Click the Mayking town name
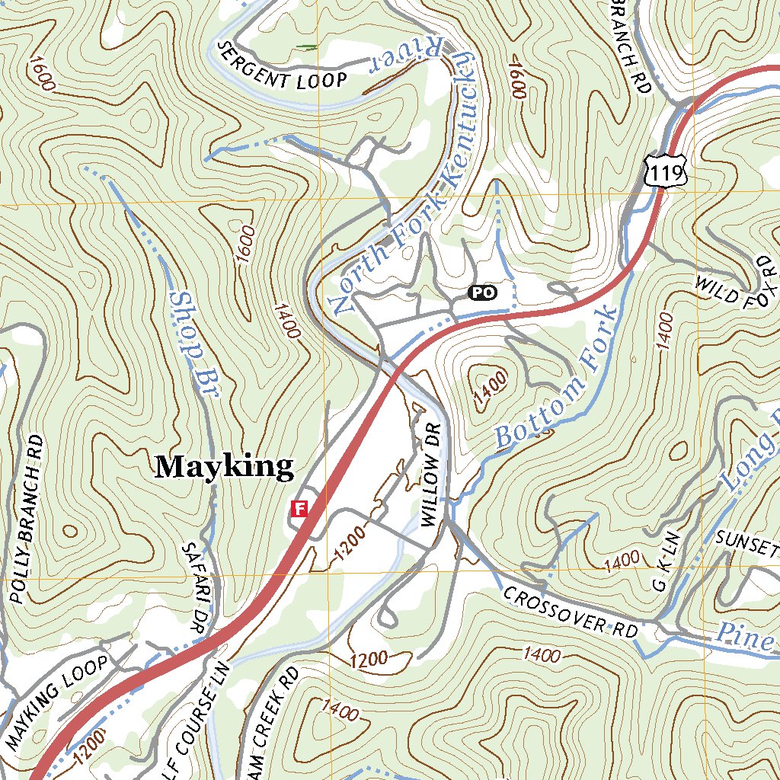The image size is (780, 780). tap(224, 466)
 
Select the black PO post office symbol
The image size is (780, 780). tap(481, 292)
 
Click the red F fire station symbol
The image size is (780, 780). tap(299, 508)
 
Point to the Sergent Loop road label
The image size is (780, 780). tap(282, 68)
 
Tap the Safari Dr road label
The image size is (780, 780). tap(194, 587)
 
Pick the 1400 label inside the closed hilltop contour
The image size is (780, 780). tap(489, 386)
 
